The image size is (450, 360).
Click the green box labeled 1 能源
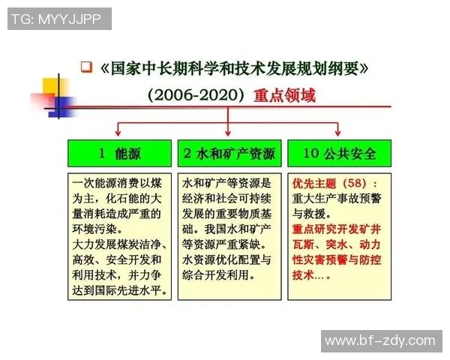[118, 154]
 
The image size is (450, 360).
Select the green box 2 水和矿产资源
[229, 154]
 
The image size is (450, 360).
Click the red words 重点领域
[284, 96]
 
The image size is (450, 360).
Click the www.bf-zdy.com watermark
[379, 340]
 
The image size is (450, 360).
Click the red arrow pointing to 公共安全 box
[339, 128]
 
